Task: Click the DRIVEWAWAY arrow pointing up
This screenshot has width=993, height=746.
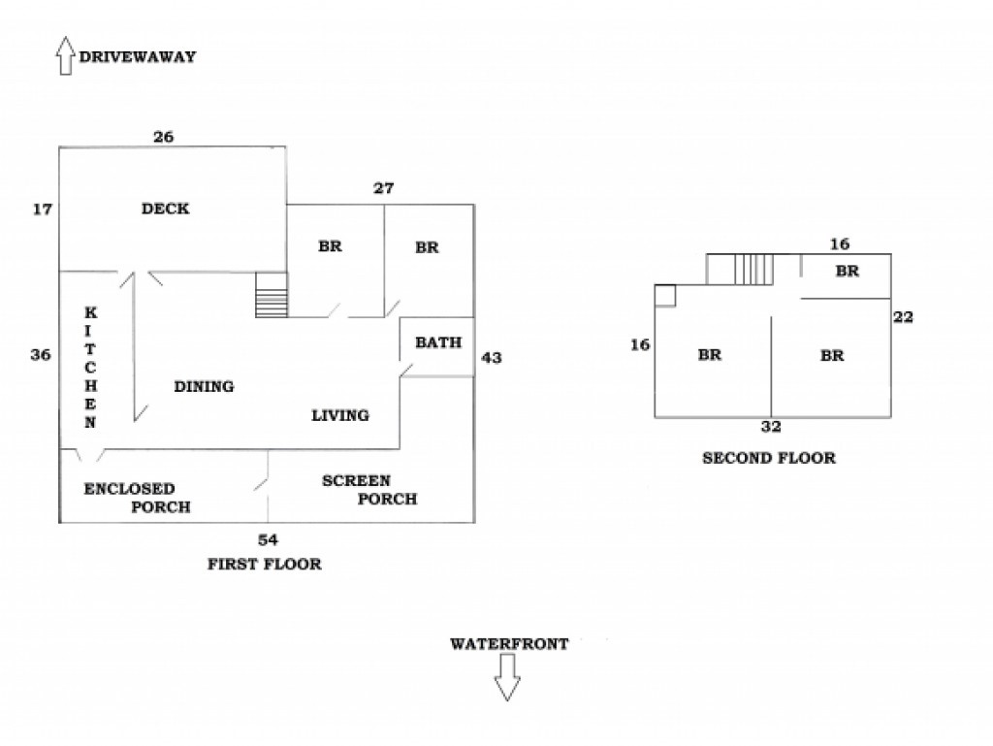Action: tap(65, 56)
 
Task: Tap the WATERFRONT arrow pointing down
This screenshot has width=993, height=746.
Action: tap(507, 677)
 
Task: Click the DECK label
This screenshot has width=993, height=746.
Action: tap(165, 209)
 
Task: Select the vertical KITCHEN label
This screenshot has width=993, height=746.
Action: tap(90, 368)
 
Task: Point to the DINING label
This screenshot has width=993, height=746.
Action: tap(204, 386)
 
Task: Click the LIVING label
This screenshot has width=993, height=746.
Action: tap(339, 415)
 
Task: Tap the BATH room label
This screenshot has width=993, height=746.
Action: tap(438, 342)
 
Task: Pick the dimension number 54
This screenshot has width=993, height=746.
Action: tap(268, 539)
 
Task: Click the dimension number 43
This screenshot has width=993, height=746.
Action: tap(492, 358)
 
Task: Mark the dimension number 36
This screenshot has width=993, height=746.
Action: tap(40, 355)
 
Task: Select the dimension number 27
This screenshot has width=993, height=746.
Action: tap(383, 188)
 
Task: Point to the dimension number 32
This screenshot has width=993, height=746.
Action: tap(771, 426)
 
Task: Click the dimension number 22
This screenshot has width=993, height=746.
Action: tap(905, 316)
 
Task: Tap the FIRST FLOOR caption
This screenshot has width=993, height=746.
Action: tap(264, 564)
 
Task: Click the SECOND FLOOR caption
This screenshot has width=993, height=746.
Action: tap(768, 458)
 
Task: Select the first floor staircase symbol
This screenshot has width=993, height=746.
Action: tap(272, 295)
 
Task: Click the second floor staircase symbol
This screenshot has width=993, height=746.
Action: tap(753, 269)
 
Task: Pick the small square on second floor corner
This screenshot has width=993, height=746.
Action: tap(664, 295)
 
